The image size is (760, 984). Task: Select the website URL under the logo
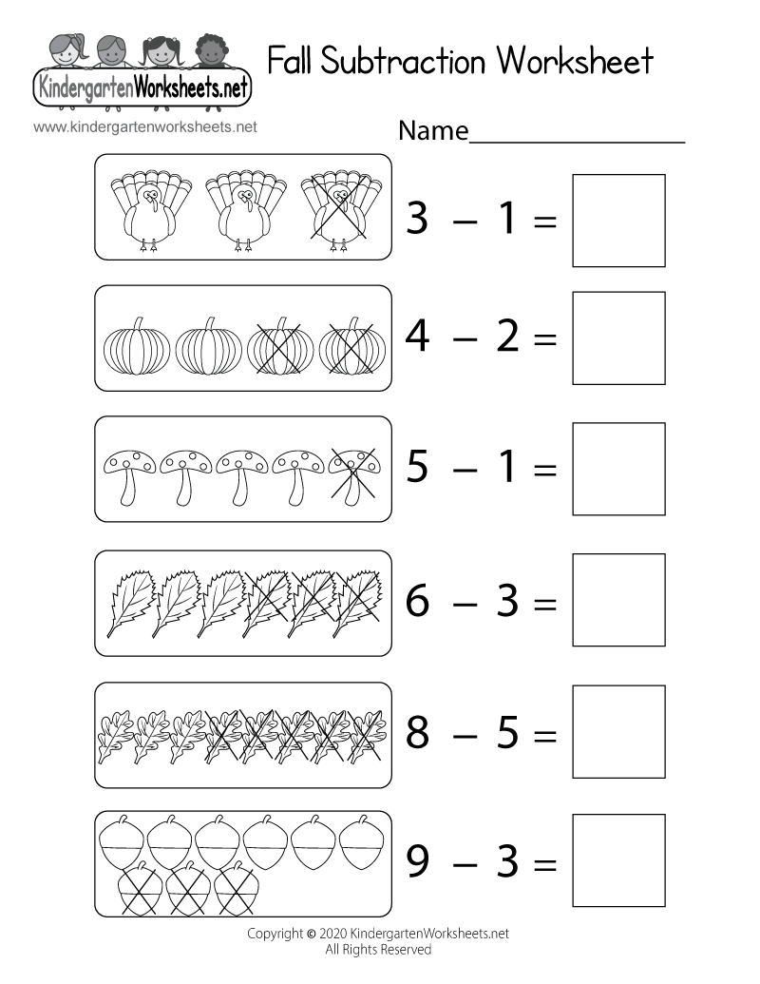[x=144, y=125]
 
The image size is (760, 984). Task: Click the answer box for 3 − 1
[x=618, y=220]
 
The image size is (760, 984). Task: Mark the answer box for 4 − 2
[x=618, y=338]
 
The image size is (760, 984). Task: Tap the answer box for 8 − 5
[x=618, y=732]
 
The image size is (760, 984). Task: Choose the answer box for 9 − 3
[x=618, y=863]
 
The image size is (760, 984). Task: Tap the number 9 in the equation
[x=420, y=863]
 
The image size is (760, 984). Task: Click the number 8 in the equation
[x=420, y=732]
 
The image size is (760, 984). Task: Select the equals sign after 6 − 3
[x=544, y=603]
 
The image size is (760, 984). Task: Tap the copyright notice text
[x=378, y=940]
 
